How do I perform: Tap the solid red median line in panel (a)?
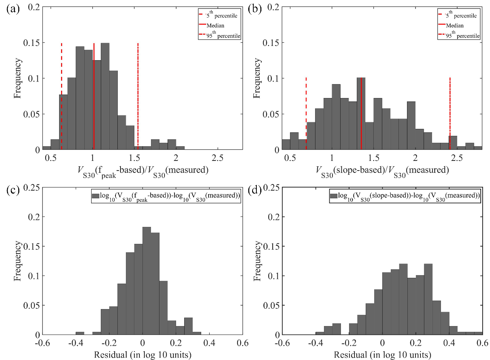pyautogui.click(x=94, y=96)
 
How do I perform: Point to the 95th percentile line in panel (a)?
pyautogui.click(x=138, y=96)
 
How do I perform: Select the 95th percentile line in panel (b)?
pyautogui.click(x=450, y=112)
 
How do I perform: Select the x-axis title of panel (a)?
pyautogui.click(x=142, y=170)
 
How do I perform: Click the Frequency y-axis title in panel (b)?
pyautogui.click(x=257, y=78)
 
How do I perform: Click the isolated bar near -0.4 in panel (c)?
pyautogui.click(x=80, y=333)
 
